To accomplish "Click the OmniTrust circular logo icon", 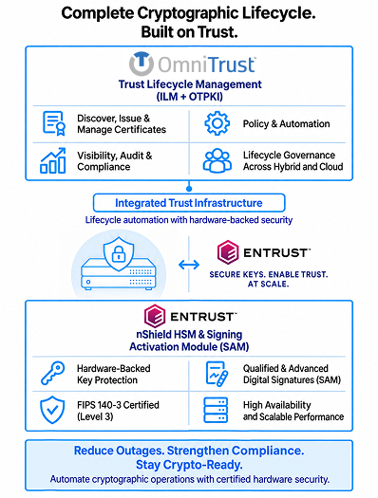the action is (142, 64).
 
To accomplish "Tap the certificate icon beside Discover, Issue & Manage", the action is (54, 123).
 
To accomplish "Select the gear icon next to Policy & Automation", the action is (217, 123).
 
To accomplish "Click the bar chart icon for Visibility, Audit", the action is (53, 160).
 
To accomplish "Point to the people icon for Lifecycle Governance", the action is (217, 160).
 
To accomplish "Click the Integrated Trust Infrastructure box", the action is (189, 203).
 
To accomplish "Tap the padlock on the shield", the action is (119, 253).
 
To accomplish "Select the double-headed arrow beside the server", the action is (189, 265).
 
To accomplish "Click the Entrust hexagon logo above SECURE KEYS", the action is (228, 252).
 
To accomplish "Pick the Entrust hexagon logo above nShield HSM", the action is (155, 316).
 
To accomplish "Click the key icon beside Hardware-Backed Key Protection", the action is (53, 373).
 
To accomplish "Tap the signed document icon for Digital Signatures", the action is (217, 374).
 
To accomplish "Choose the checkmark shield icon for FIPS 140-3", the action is (52, 410).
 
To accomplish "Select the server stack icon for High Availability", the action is (216, 410).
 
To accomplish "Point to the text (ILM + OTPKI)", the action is (190, 96).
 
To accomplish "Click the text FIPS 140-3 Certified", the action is (118, 405).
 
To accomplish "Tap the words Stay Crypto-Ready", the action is (189, 465).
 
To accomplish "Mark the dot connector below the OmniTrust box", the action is (189, 189).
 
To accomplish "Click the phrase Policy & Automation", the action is (286, 123).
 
